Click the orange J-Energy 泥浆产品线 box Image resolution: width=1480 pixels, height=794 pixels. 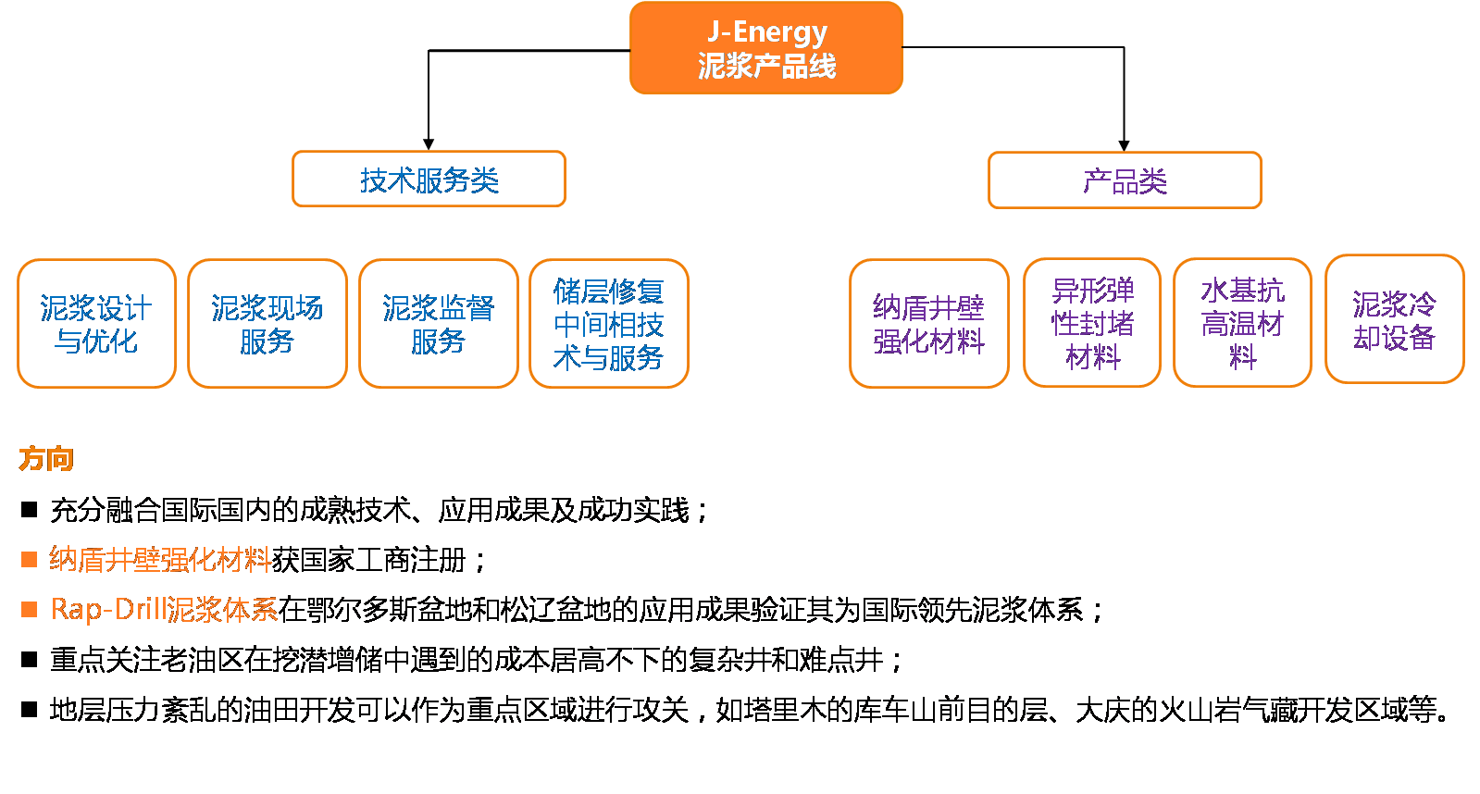click(766, 48)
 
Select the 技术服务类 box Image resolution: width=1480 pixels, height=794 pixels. click(429, 180)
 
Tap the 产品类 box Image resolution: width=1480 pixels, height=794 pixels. click(1125, 180)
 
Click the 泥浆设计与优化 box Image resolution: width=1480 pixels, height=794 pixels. click(96, 324)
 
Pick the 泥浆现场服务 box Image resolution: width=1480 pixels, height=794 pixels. click(267, 324)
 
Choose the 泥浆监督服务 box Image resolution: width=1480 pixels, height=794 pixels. click(438, 324)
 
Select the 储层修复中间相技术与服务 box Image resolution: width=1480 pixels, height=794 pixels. click(608, 324)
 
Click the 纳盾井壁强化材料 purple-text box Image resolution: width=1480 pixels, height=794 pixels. click(928, 324)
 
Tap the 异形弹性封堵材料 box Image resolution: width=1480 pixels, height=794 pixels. click(1092, 323)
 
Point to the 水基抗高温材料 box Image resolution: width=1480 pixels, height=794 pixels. click(1242, 323)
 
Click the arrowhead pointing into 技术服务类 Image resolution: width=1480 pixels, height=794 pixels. click(429, 143)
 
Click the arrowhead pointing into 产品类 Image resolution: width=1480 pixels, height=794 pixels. click(1124, 144)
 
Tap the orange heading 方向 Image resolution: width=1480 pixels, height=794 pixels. click(46, 459)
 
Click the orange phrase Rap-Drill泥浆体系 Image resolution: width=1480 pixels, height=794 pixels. click(164, 609)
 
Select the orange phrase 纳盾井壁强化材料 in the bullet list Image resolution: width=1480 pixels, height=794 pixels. click(159, 560)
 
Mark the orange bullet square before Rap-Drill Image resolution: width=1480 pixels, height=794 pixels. click(30, 609)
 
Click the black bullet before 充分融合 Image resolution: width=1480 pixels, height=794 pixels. click(30, 510)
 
